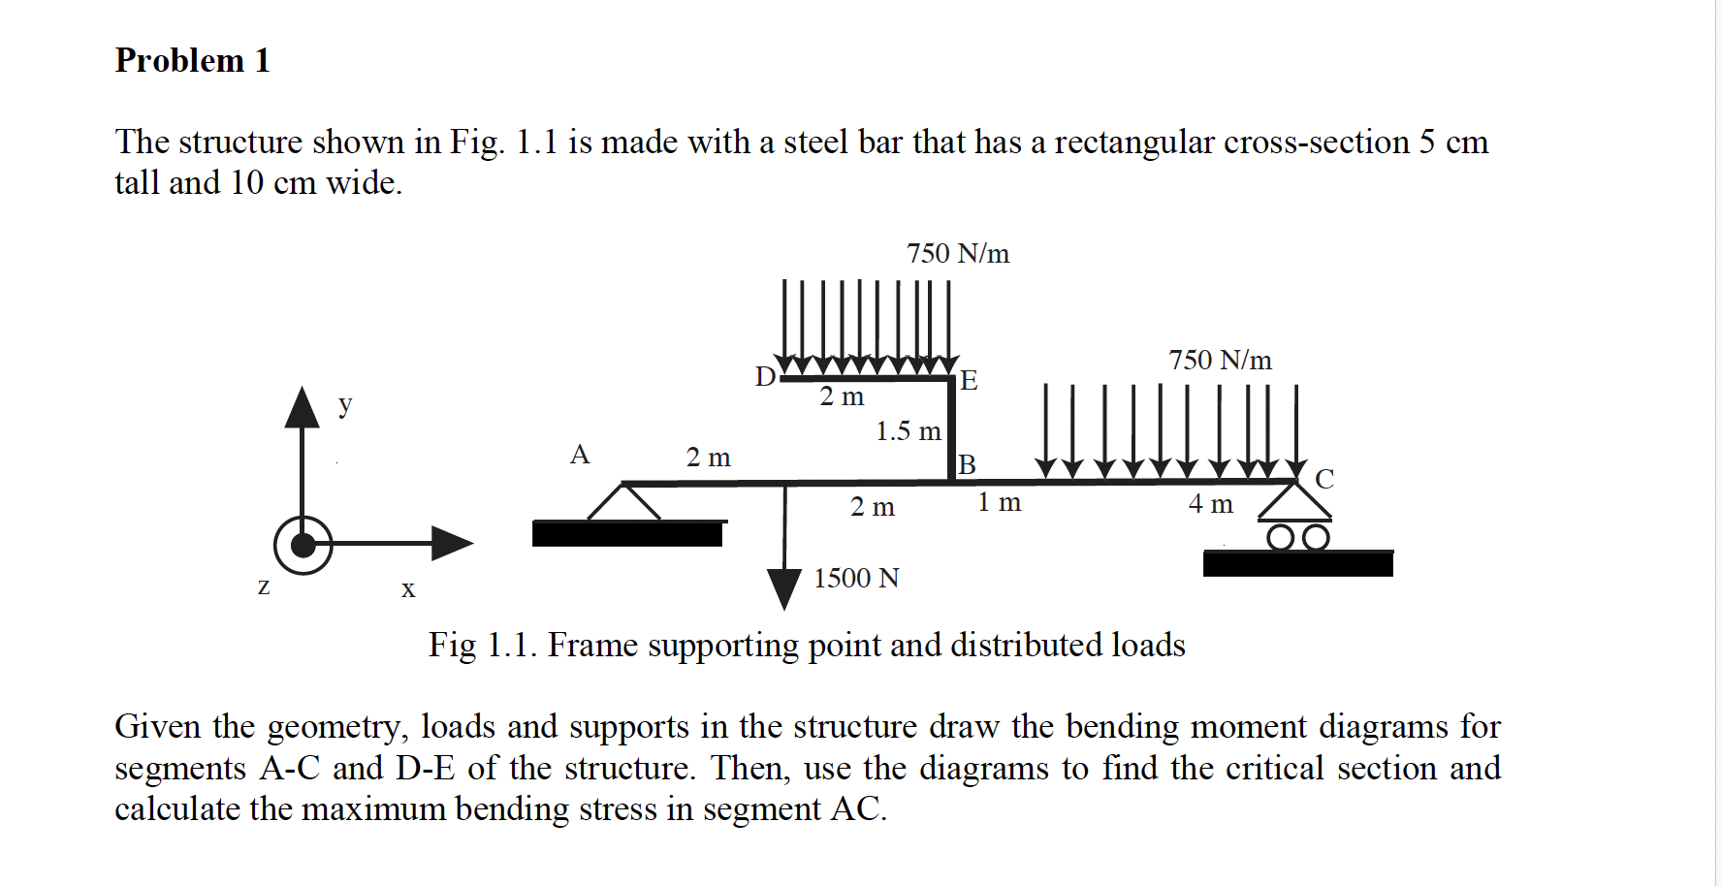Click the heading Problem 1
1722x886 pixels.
(192, 60)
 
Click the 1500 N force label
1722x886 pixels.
(856, 579)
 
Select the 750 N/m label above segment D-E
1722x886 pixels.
(958, 254)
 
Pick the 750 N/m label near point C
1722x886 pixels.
(1220, 361)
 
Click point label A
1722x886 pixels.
(580, 455)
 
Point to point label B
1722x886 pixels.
(967, 464)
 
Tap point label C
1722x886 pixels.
(1324, 479)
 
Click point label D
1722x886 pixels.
(765, 376)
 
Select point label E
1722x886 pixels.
(969, 380)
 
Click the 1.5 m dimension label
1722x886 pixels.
(908, 431)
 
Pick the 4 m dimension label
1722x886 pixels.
(1210, 504)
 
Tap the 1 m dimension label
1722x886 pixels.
(999, 502)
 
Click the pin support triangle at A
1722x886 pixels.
(623, 502)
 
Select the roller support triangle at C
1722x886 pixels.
(1295, 502)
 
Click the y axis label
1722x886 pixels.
(345, 403)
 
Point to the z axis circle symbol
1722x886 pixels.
(303, 545)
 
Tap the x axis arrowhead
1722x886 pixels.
(451, 543)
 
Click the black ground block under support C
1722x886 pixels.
(1297, 563)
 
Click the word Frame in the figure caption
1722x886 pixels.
(592, 646)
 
